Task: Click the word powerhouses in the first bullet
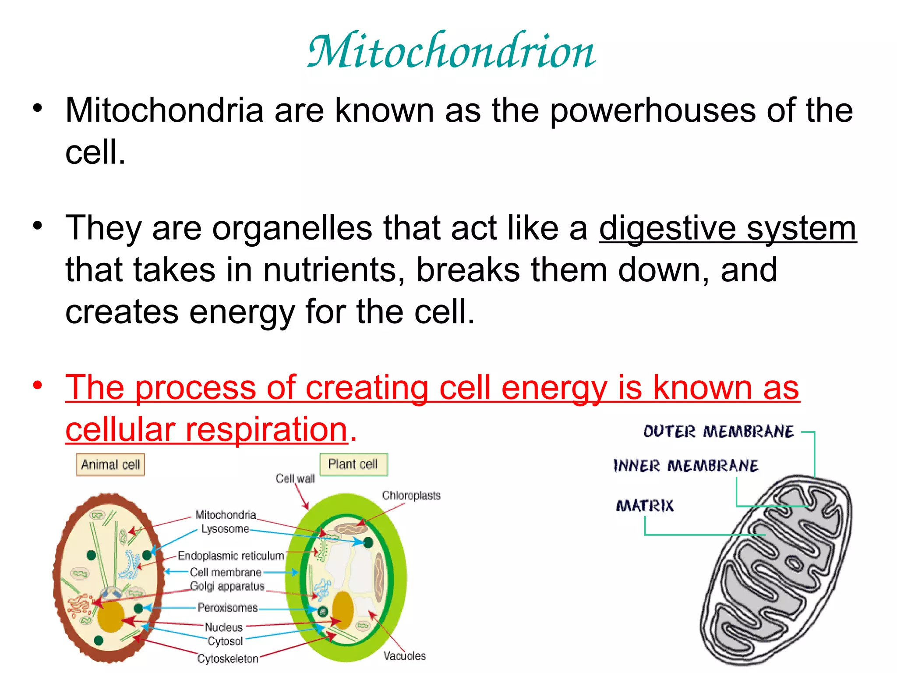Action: [x=653, y=110]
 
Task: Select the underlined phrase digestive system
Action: [x=727, y=228]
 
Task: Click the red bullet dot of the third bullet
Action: [x=38, y=386]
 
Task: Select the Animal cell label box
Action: [x=110, y=464]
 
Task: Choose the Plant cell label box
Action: [x=353, y=464]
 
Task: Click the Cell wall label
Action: [x=295, y=478]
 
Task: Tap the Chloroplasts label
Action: [x=411, y=495]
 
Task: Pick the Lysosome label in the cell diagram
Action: [x=225, y=529]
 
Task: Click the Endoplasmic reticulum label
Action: [x=231, y=556]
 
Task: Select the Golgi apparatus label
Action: [x=227, y=586]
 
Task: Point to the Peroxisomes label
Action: [x=228, y=607]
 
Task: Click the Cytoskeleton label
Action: [x=228, y=659]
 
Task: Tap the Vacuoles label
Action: [x=404, y=655]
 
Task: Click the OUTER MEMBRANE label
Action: [x=718, y=432]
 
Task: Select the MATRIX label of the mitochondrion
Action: [x=645, y=506]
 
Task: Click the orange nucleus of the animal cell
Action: [x=110, y=616]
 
